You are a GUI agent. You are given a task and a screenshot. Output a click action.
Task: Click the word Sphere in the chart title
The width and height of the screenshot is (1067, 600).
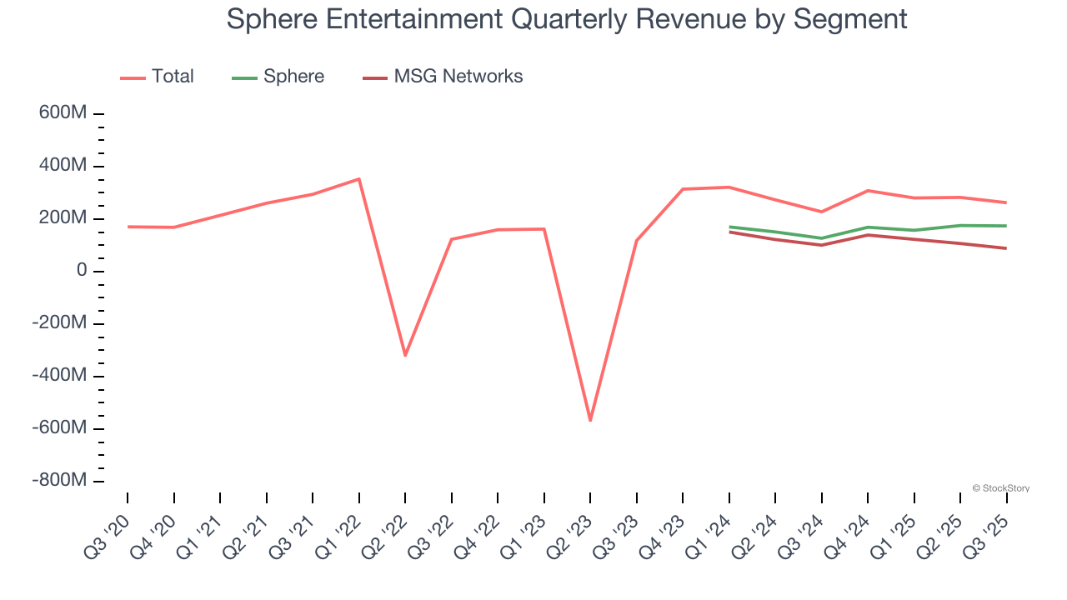268,18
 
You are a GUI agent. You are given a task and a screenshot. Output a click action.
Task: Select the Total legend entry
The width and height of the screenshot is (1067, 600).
172,77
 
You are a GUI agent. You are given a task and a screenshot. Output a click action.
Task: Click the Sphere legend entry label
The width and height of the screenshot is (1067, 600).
293,77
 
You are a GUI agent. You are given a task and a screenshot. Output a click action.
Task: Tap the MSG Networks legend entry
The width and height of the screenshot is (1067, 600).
458,77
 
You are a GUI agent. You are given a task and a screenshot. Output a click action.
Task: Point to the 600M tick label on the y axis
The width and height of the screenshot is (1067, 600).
63,113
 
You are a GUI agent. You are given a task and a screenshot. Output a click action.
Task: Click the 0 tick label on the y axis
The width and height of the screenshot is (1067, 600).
81,271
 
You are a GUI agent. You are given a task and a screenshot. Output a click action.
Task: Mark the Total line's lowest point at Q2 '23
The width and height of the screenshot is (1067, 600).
590,420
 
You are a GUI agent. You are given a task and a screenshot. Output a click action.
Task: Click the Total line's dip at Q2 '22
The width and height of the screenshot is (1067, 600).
405,356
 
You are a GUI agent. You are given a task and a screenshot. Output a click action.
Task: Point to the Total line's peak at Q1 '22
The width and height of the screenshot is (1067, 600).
359,179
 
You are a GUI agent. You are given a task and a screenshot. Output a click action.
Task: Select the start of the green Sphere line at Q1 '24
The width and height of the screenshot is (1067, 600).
729,227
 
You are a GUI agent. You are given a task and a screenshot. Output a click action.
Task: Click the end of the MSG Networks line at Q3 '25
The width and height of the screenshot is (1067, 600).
1006,248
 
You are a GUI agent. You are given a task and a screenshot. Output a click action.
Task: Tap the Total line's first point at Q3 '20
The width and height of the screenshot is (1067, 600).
128,227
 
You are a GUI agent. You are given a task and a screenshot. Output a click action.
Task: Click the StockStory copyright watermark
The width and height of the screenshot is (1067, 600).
1000,488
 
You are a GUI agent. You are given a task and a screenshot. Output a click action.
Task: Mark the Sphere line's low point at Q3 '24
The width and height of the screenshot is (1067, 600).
822,238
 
